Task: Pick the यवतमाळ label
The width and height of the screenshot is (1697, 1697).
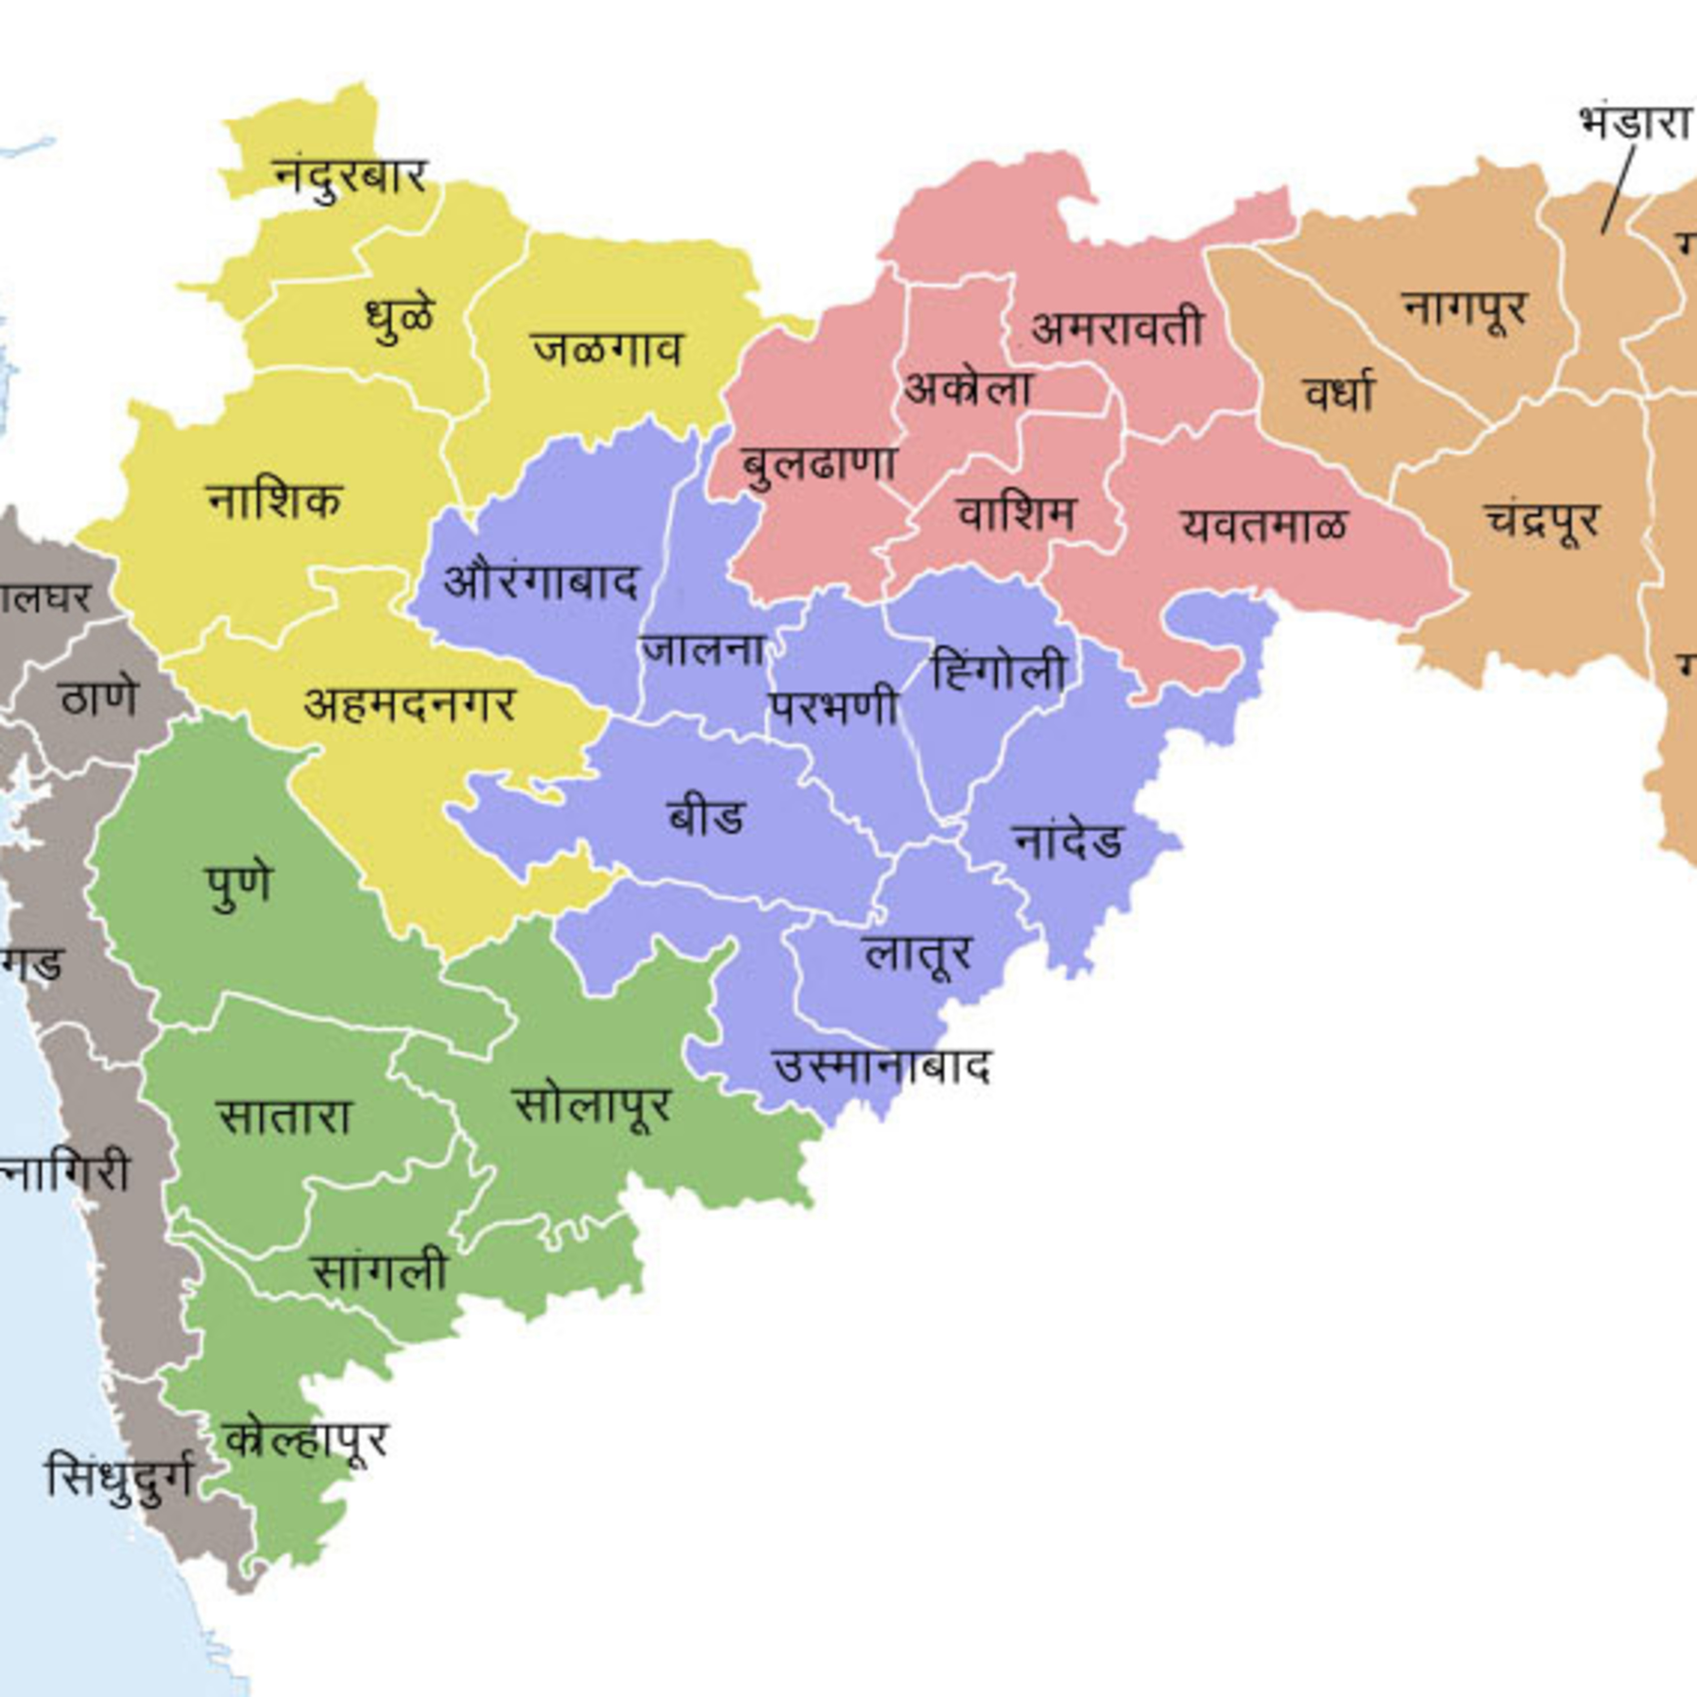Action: coord(1264,526)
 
